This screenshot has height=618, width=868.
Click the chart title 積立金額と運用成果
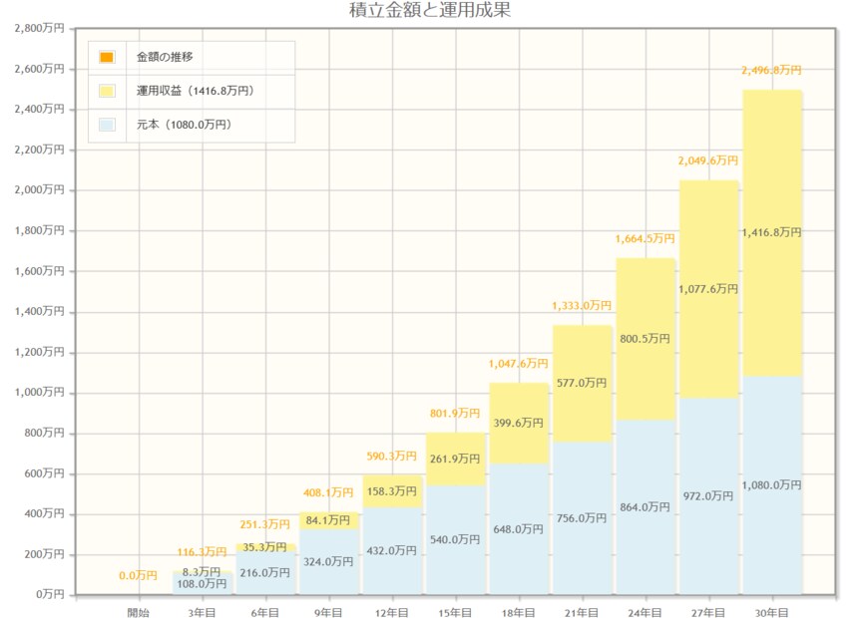pyautogui.click(x=431, y=11)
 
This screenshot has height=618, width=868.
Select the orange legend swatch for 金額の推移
pyautogui.click(x=107, y=57)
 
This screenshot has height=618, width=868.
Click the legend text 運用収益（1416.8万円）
pyautogui.click(x=196, y=91)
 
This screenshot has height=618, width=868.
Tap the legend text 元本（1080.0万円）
pyautogui.click(x=184, y=125)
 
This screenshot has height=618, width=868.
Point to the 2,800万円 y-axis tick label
pyautogui.click(x=40, y=28)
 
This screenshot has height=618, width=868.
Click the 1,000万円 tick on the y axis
pyautogui.click(x=40, y=393)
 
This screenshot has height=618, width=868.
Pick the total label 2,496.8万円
pyautogui.click(x=772, y=71)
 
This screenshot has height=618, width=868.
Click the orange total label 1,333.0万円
pyautogui.click(x=582, y=306)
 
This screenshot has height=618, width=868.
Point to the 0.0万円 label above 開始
pyautogui.click(x=139, y=576)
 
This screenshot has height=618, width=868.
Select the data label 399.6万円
pyautogui.click(x=519, y=423)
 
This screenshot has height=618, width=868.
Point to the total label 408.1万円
pyautogui.click(x=328, y=492)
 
